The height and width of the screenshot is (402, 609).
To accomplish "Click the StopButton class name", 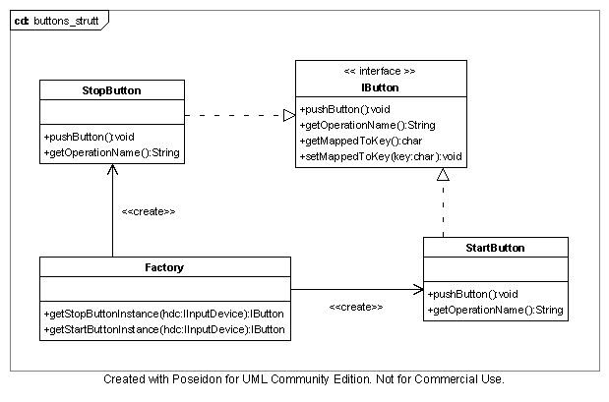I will point(111,90).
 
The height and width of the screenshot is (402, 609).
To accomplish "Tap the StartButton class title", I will point(495,248).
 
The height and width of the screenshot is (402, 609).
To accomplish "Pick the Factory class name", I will point(164,266).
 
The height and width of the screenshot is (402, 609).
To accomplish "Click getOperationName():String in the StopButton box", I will point(111,152).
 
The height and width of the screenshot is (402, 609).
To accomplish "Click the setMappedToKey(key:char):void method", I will point(381,156).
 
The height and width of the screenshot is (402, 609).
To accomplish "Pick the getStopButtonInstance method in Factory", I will point(164,314).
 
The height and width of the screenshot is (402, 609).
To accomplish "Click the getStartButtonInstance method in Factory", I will point(164,329).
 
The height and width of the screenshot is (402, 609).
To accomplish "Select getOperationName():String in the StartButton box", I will point(495,310).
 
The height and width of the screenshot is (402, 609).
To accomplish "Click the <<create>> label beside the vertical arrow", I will point(149,211).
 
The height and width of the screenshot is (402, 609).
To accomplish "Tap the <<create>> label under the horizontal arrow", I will point(355,307).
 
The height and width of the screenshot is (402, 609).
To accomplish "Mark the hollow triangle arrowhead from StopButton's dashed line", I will point(289,115).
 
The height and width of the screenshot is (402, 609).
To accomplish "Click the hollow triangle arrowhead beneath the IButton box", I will point(444,174).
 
